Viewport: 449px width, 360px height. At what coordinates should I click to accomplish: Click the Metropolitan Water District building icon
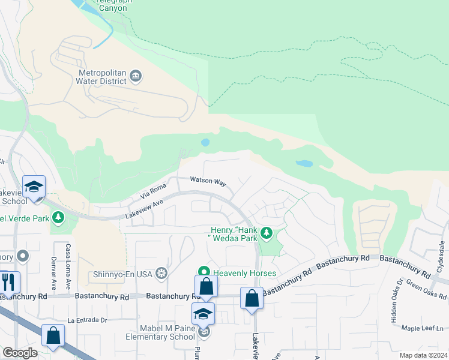click(x=136, y=76)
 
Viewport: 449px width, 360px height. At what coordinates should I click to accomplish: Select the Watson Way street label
click(x=208, y=181)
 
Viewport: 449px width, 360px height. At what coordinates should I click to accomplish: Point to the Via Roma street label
click(x=152, y=191)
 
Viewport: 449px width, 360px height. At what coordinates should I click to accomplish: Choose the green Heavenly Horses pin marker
click(x=204, y=273)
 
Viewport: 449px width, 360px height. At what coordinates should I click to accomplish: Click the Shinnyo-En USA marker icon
click(x=161, y=275)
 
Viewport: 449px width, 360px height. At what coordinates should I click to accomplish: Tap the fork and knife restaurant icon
click(x=8, y=281)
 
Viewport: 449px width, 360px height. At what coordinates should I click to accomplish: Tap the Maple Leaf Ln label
click(x=423, y=328)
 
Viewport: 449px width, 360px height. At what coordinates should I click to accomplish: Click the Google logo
click(x=20, y=352)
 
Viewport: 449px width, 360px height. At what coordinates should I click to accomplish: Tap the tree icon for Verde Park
click(x=58, y=218)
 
